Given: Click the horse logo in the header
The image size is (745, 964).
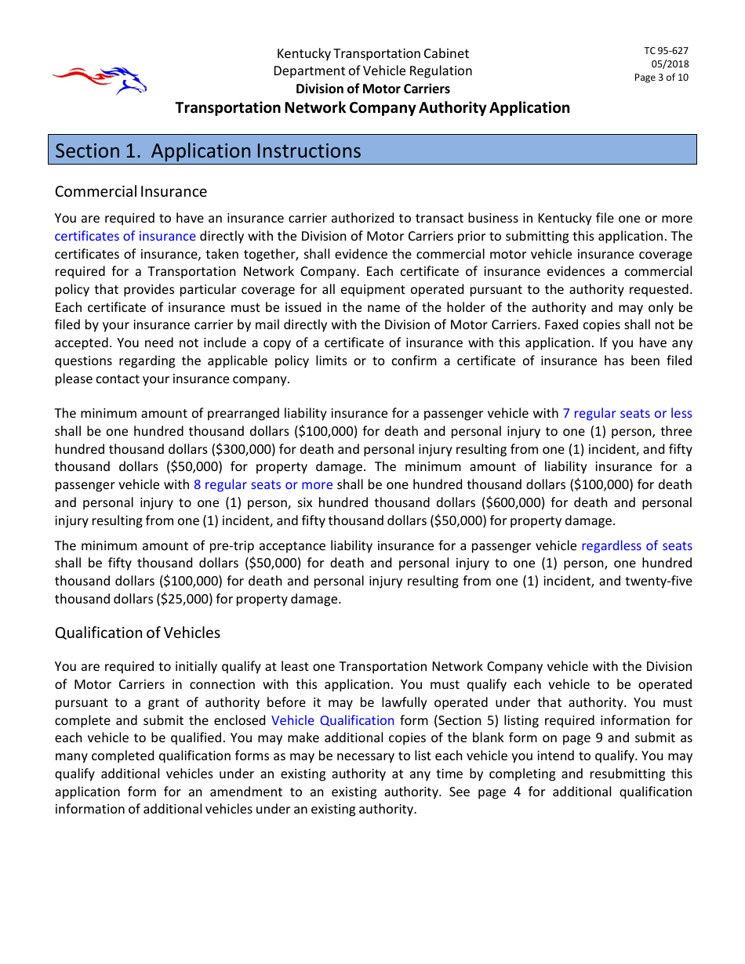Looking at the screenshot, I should tap(100, 79).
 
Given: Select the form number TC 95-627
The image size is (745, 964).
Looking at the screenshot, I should tap(666, 51).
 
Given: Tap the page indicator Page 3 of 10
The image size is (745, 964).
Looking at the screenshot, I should tap(661, 78).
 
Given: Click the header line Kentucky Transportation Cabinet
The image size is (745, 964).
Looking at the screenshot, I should tap(372, 53).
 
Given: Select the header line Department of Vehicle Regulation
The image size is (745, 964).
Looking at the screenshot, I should tap(372, 71).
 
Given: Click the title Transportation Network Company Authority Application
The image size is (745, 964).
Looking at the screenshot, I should tap(372, 107).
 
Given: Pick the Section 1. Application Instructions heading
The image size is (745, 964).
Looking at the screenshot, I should tap(208, 150).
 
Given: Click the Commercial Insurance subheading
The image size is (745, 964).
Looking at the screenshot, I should tap(131, 192).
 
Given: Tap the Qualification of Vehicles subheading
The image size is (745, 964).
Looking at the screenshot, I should tap(137, 632).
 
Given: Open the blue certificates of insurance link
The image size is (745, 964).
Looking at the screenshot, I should tap(125, 236).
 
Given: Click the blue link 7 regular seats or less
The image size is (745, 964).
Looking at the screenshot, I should tap(627, 413).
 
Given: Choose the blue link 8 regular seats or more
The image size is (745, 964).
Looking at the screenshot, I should tap(263, 484).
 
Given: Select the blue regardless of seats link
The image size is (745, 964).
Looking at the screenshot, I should tap(636, 545).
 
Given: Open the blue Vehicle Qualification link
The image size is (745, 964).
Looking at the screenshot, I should tap(333, 720).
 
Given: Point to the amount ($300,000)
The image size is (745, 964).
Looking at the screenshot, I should tap(194, 449).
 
